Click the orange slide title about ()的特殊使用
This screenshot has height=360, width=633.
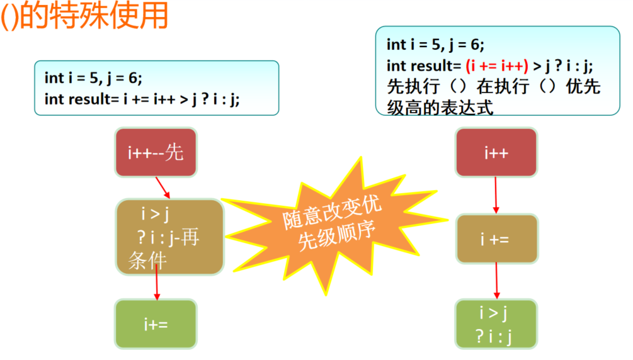(85, 16)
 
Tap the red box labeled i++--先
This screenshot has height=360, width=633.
(156, 152)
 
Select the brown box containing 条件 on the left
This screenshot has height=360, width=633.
(169, 237)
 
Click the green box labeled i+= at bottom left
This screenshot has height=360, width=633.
(156, 324)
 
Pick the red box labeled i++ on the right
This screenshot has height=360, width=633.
(496, 152)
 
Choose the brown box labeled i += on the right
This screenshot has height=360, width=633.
(496, 239)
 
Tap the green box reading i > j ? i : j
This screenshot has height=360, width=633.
(496, 324)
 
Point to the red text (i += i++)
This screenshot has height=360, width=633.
(496, 65)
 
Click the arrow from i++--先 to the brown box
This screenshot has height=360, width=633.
(163, 188)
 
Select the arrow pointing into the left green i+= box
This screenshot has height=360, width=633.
(157, 286)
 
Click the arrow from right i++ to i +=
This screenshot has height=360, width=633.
(496, 195)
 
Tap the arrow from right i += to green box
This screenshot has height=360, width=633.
(496, 281)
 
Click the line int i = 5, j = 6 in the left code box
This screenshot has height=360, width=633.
(93, 78)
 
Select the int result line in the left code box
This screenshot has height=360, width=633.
(142, 99)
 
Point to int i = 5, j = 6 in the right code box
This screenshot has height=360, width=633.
(435, 44)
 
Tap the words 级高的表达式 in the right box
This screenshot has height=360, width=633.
(440, 106)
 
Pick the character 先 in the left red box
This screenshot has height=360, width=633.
(174, 152)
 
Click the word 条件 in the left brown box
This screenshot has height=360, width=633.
(147, 260)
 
